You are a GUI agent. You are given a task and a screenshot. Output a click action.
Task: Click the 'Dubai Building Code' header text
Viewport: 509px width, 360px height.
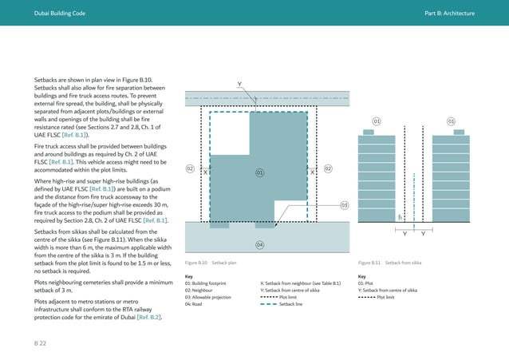click(x=54, y=14)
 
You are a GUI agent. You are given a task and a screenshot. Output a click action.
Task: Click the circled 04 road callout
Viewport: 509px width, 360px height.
click(x=260, y=243)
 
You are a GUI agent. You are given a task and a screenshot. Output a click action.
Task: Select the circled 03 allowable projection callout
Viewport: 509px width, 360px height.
click(x=345, y=206)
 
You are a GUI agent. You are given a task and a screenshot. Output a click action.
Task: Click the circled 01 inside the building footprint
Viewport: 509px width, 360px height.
click(x=260, y=172)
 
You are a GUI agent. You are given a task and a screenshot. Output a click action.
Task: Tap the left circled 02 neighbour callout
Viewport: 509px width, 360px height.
click(x=190, y=168)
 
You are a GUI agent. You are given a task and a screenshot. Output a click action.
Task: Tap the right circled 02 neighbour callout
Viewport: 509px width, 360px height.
click(x=328, y=168)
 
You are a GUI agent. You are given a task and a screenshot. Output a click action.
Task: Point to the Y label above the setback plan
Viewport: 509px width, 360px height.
click(x=239, y=84)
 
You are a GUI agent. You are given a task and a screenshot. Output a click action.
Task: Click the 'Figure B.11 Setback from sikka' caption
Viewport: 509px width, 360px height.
click(x=390, y=263)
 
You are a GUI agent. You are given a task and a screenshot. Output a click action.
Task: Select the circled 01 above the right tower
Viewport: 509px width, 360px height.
click(x=451, y=121)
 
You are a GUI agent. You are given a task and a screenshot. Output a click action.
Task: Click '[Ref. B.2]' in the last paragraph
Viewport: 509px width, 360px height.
click(x=150, y=318)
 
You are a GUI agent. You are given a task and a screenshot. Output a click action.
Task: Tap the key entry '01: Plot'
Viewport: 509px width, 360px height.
click(x=368, y=283)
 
